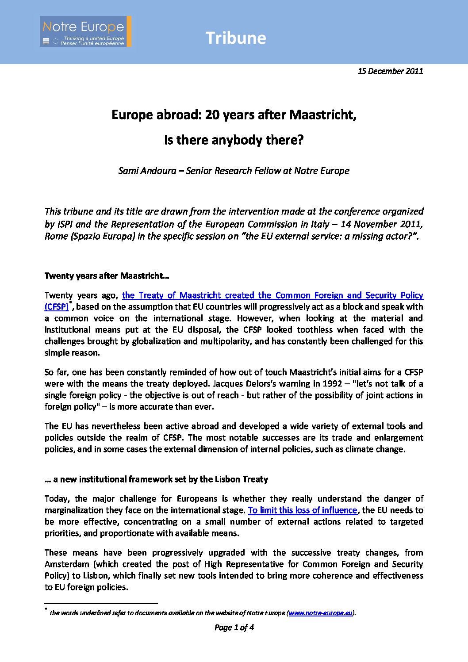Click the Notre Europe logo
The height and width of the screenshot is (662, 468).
(x=85, y=31)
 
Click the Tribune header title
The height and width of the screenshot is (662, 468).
(x=236, y=38)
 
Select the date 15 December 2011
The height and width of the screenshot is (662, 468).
(x=390, y=71)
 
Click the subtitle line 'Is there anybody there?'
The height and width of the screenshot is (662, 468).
(x=234, y=140)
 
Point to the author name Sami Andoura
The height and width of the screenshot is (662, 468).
(x=147, y=171)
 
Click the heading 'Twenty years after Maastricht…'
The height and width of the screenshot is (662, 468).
(x=107, y=276)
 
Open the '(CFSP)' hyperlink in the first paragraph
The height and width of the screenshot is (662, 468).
(x=57, y=307)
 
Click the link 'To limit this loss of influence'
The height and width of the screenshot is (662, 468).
(x=303, y=510)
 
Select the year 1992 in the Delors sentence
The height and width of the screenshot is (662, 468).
(x=332, y=384)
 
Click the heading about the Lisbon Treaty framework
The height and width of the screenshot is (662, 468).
(x=156, y=479)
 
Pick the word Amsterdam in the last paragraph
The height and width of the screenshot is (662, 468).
(x=67, y=564)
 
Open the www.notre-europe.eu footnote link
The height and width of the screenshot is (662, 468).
(x=321, y=613)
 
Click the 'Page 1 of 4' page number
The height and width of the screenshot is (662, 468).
(x=234, y=628)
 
